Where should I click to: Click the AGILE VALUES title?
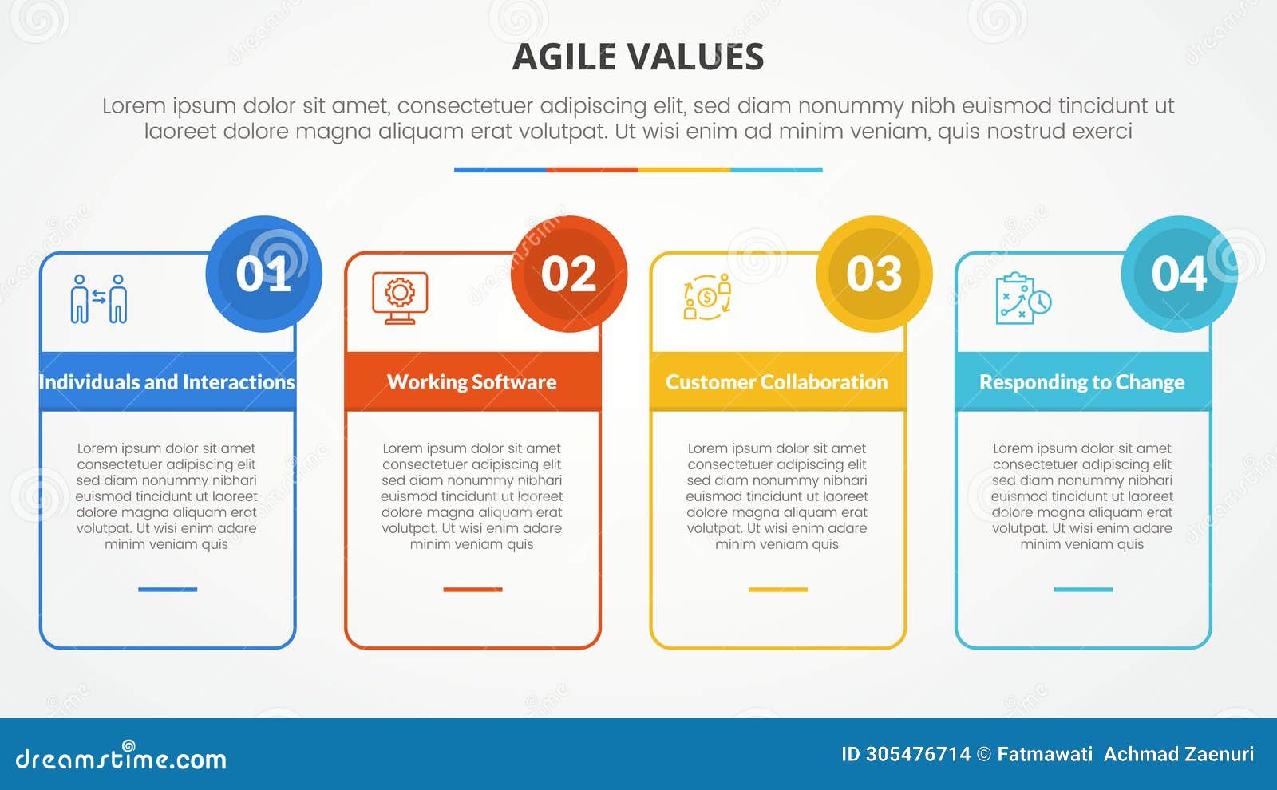[638, 57]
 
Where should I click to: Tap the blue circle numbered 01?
[264, 274]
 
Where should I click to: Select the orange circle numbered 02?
[569, 274]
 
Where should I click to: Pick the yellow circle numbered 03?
[874, 274]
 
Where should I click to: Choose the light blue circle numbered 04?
[1179, 274]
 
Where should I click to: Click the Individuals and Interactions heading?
[167, 382]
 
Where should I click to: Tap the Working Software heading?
[472, 382]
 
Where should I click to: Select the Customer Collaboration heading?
[777, 382]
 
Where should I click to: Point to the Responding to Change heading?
[1082, 382]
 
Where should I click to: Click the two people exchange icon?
[99, 298]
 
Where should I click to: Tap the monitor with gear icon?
[400, 298]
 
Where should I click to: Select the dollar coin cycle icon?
[707, 297]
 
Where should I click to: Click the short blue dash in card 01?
[168, 590]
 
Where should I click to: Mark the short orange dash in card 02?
[472, 590]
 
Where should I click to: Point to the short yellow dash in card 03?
[777, 590]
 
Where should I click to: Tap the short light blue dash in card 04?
[1082, 590]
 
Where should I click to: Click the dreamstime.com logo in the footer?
[121, 756]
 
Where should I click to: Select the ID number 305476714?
[917, 754]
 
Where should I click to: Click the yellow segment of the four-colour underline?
[684, 170]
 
